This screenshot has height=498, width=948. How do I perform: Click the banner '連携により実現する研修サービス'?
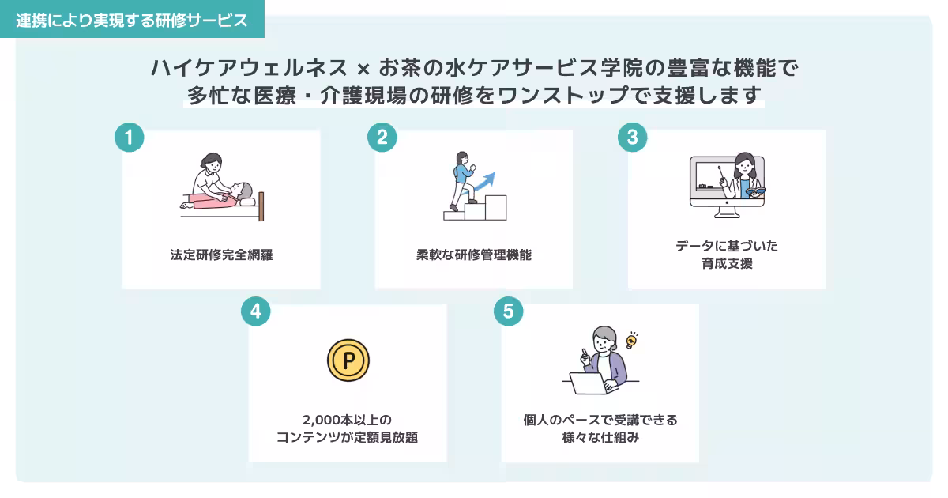pos(132,21)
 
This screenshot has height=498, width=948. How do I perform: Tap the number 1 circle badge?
pos(130,137)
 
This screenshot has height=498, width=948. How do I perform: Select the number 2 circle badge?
pos(382,137)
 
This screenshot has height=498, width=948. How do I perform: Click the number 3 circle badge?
pos(632,137)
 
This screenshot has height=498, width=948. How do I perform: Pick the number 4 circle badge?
pos(255,311)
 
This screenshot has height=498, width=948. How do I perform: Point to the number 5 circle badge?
pos(508,311)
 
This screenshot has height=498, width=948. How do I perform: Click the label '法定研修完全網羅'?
pos(221,255)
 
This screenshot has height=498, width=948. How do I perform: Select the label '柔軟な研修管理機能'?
pos(474,255)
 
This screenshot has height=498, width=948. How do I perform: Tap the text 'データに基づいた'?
pos(727,246)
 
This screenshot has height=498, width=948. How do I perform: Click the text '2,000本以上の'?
pos(347,420)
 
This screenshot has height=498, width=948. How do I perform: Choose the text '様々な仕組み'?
pos(600,437)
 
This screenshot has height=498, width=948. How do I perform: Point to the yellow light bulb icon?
pos(631,341)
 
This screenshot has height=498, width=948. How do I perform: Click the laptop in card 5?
pos(588,384)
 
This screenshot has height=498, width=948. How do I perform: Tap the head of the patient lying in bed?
pos(246,192)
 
